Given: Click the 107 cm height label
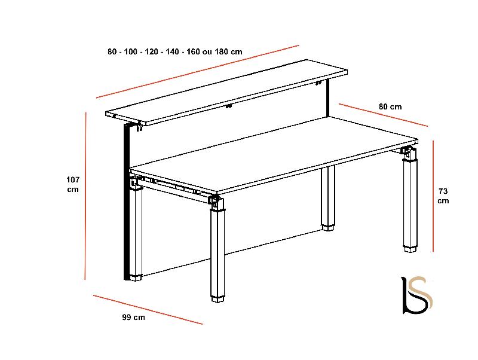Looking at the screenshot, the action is click(73, 184).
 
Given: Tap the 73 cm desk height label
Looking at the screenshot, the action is click(443, 196).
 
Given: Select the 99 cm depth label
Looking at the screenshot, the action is click(133, 318).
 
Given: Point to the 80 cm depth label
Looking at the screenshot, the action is click(390, 107).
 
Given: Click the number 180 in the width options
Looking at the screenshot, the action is click(221, 51).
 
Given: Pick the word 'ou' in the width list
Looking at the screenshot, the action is click(207, 52).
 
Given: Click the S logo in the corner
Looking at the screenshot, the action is click(417, 295).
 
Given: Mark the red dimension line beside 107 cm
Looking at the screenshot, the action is click(85, 196).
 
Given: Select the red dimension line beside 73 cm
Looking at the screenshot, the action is click(433, 196).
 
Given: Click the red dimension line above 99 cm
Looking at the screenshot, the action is click(148, 309).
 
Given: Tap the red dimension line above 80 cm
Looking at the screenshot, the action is click(383, 115).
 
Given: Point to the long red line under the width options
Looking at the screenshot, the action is click(198, 72).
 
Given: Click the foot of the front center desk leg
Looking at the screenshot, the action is click(217, 299).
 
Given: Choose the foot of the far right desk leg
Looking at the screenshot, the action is click(410, 249).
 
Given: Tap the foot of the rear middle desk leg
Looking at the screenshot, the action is click(328, 227).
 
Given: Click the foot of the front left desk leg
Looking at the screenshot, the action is click(136, 277).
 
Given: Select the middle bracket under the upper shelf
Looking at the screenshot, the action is click(228, 106).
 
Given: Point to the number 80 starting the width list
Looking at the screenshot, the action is click(112, 51).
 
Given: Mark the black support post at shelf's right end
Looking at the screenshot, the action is click(327, 98).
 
